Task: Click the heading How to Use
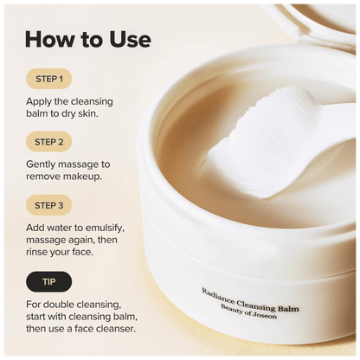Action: click(x=88, y=40)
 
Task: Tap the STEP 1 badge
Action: click(x=48, y=80)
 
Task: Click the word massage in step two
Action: click(x=93, y=162)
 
